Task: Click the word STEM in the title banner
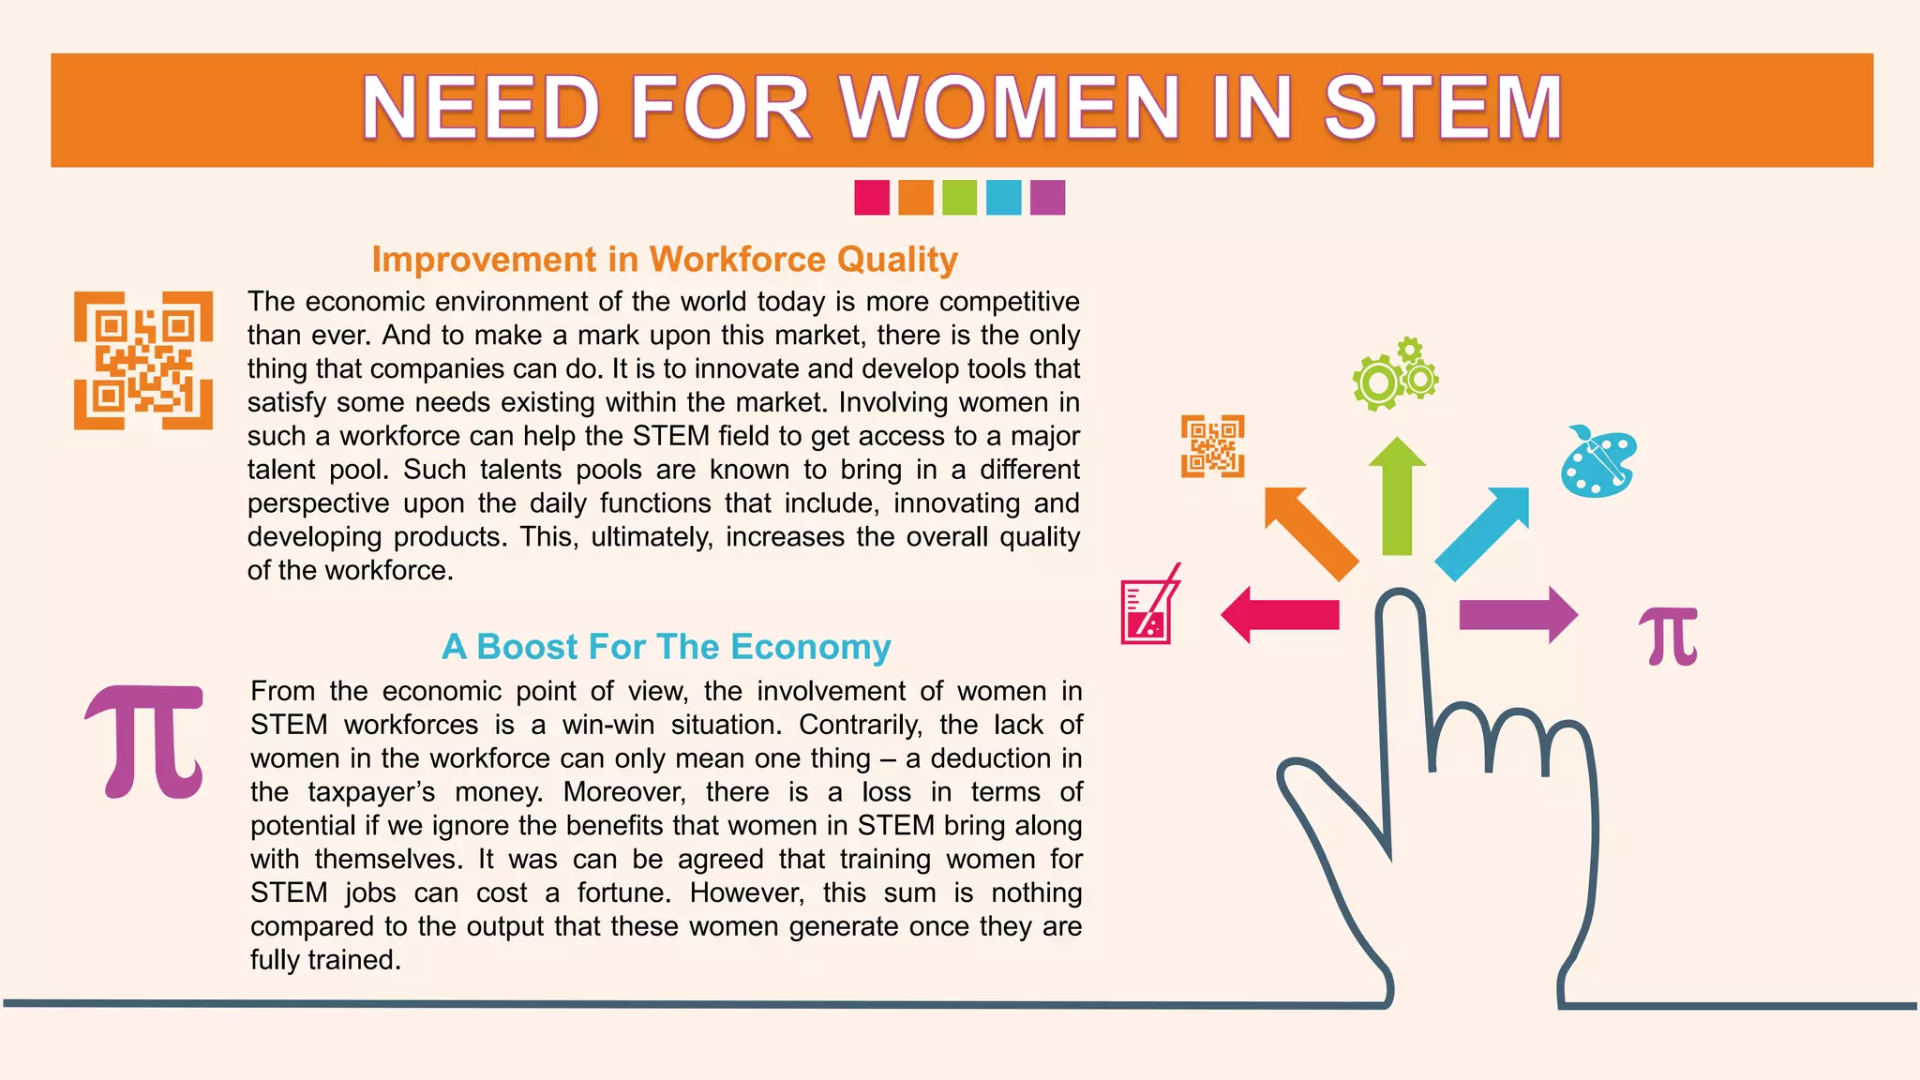1442,109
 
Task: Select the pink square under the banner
872,198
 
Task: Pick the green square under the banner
959,198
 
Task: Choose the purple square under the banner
1047,198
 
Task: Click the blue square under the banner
1003,198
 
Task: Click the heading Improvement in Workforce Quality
665,260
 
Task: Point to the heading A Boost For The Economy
666,647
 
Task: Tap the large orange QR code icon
143,361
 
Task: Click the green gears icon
1394,374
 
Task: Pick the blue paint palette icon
1598,462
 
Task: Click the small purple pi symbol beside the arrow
1670,636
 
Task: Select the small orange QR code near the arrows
1212,446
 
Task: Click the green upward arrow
1397,497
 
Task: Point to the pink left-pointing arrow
1280,615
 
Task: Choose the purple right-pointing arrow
1518,615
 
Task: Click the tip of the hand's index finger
1400,600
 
